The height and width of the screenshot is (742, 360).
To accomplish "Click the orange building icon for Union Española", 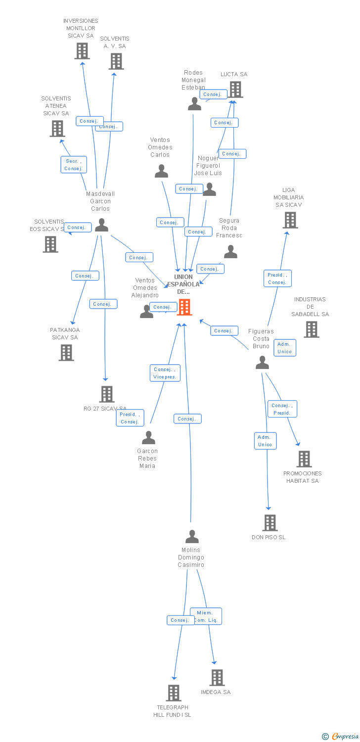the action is click(184, 307).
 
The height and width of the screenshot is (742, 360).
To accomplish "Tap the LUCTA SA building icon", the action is click(235, 90).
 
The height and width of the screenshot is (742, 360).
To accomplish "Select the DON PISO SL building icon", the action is click(270, 522).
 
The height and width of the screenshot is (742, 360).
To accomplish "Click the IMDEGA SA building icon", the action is click(217, 678).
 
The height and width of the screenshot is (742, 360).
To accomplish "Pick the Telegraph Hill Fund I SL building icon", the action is click(173, 693).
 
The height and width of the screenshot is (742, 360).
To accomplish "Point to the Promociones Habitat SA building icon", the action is click(304, 459).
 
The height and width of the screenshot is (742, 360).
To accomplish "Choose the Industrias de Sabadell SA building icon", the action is click(311, 329).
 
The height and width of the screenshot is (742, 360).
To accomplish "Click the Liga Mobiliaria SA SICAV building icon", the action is click(290, 220).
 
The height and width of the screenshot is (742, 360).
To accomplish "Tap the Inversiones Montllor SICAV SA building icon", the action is click(82, 51).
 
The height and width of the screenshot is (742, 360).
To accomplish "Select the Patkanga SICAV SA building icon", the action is click(66, 353).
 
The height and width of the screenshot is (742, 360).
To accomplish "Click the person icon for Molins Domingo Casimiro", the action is click(192, 537).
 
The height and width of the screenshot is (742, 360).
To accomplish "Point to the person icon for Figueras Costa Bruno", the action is click(262, 363).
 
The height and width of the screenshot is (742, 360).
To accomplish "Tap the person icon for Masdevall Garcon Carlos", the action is click(101, 225).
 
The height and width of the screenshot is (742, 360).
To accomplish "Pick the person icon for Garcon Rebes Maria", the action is click(148, 438).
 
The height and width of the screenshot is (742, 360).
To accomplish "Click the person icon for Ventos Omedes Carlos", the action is click(161, 171).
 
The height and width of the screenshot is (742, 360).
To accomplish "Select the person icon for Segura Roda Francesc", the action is click(230, 252).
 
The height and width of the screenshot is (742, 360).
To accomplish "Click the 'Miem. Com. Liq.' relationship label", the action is click(206, 616).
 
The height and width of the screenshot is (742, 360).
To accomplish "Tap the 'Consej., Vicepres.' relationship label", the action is click(165, 373).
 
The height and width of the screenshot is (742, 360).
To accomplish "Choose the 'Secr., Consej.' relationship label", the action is click(74, 165).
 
